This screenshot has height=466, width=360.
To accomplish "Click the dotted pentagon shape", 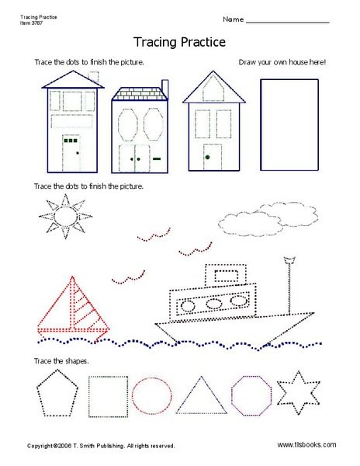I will [x=57, y=393].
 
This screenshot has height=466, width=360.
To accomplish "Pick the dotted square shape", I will [x=108, y=394].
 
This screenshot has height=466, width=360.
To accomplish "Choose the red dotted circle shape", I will [x=151, y=394].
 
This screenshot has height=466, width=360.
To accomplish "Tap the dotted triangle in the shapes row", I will [x=199, y=395].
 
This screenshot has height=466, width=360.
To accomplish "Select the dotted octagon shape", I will [x=251, y=394].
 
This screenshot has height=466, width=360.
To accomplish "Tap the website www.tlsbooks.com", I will [x=306, y=445].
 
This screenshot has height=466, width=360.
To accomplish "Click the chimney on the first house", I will [x=95, y=78].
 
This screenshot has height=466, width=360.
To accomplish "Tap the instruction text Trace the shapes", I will [x=61, y=361].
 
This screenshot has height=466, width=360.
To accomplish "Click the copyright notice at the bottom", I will [x=101, y=446].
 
